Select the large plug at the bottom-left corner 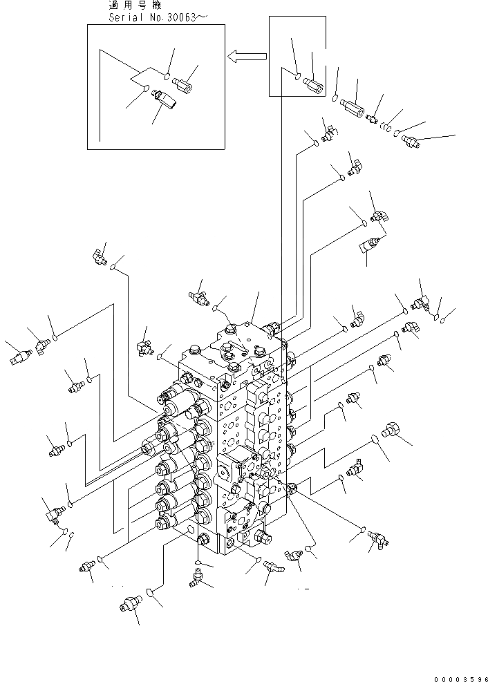coord(127,603)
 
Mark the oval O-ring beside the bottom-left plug coord(149,591)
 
